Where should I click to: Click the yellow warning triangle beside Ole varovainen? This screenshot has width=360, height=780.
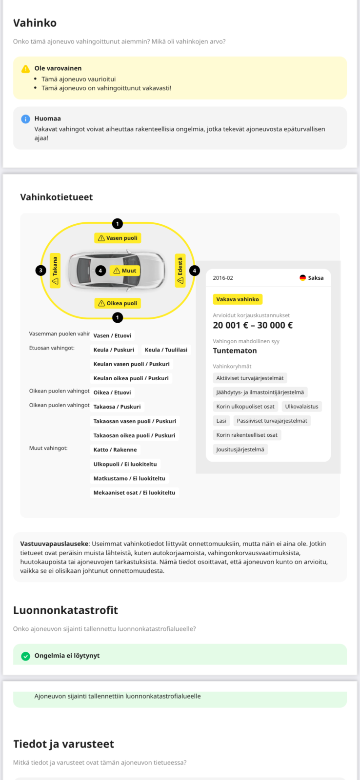coord(25,69)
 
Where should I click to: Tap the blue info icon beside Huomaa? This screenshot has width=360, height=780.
coord(25,119)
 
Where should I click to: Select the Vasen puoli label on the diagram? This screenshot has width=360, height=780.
coord(118,238)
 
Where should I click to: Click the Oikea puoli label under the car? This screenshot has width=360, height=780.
coord(118,303)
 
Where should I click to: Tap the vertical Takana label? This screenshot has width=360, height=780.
coord(55,271)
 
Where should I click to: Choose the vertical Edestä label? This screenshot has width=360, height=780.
coord(180,271)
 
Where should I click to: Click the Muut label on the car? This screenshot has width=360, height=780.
coord(125,271)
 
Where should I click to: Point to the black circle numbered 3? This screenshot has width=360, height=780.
coord(41,270)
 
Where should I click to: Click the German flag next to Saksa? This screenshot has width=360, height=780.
coord(302,278)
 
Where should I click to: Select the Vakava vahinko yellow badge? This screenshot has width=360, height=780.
coord(238,299)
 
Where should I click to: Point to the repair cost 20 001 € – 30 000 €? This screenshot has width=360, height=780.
coord(253,325)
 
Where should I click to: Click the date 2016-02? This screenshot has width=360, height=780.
coord(223,278)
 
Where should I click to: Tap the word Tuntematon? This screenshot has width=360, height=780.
coord(235,351)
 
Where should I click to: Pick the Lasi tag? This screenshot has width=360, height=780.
coord(221,421)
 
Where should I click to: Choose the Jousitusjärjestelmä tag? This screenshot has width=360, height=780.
coord(240,449)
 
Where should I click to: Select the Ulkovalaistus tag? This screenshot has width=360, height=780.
coord(301,407)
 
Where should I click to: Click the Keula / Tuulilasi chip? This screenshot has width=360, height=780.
coord(166,350)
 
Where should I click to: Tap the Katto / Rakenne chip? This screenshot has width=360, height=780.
coord(115,450)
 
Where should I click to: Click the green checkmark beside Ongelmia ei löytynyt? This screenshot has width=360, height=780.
coord(26,656)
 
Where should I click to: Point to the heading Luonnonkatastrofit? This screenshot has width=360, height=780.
coord(65,610)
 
